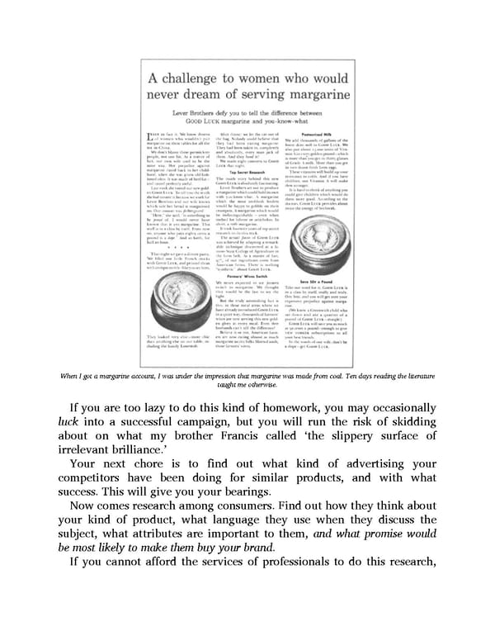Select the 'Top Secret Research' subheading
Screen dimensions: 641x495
tap(247, 173)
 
